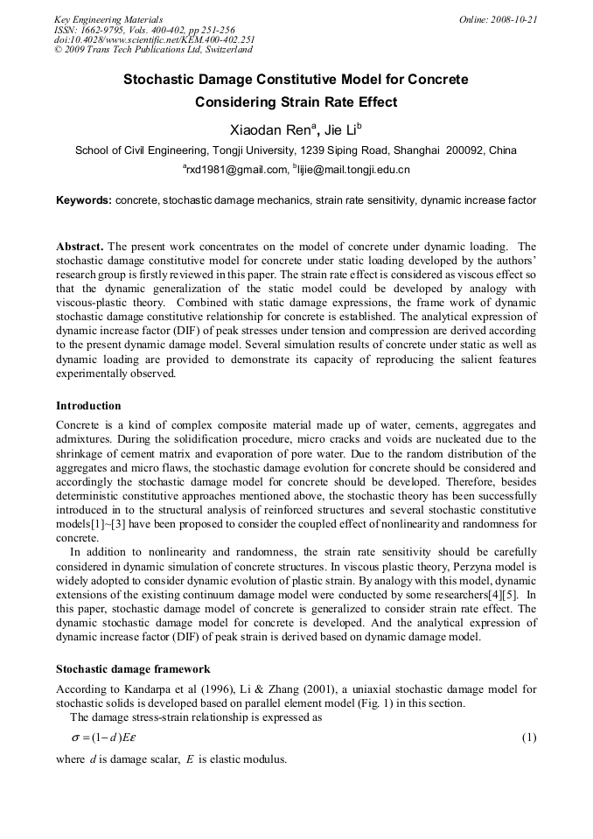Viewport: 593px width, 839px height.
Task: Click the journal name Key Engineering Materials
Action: (108, 19)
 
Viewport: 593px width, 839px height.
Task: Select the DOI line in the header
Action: (154, 40)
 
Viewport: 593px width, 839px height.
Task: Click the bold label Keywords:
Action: (84, 200)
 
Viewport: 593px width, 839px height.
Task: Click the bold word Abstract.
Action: (80, 247)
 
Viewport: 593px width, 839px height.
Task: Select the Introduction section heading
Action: (88, 406)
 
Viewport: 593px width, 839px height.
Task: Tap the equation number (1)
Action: (528, 738)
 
